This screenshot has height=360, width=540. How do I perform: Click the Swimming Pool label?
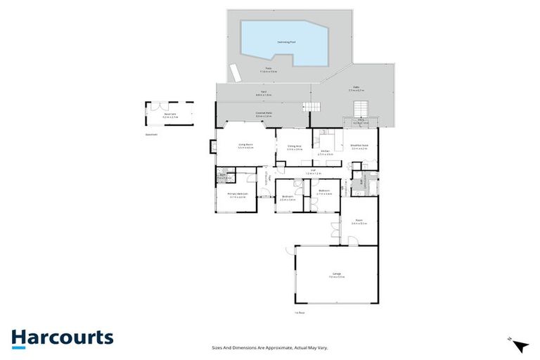285,42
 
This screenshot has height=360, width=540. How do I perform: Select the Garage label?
335,276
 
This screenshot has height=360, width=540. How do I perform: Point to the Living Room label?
245,146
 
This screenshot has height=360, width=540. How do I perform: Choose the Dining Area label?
295,147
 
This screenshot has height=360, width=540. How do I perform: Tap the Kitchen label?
325,151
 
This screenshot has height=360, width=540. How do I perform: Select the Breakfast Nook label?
359,147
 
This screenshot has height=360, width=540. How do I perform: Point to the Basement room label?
170,115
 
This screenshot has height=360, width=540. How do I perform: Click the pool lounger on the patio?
235,72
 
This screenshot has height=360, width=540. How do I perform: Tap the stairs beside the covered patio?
311,107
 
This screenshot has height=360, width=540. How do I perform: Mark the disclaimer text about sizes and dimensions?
270,347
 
